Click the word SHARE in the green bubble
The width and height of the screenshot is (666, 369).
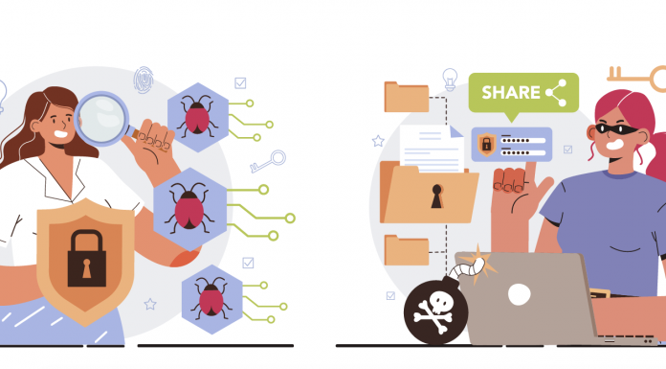(510, 93)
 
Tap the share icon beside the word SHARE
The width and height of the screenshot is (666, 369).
(556, 93)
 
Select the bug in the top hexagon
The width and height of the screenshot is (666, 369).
(195, 117)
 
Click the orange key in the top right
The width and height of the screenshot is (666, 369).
(637, 78)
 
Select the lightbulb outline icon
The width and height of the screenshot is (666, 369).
(450, 78)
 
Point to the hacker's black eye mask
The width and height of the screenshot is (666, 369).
(613, 130)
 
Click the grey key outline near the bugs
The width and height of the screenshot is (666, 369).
(267, 162)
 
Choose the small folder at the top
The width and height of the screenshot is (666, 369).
(407, 97)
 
